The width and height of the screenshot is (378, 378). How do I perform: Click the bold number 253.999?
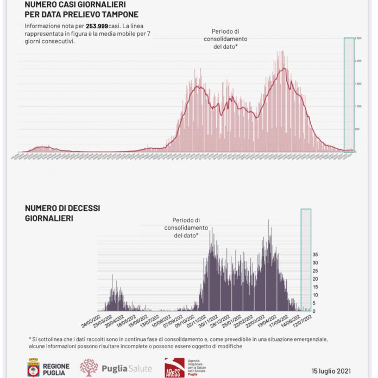pyautogui.click(x=97, y=26)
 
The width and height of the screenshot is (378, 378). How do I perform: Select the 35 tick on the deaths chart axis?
pyautogui.click(x=315, y=254)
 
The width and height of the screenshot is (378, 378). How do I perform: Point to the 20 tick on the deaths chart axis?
pyautogui.click(x=315, y=279)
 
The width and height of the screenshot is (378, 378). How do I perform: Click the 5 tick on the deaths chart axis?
pyautogui.click(x=315, y=303)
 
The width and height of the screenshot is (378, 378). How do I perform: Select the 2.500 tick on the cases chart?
pyautogui.click(x=358, y=39)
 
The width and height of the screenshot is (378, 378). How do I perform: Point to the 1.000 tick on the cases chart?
pyautogui.click(x=358, y=106)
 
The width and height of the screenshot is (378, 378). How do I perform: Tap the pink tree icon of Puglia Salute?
pyautogui.click(x=89, y=368)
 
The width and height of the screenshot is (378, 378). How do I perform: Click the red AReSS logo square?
pyautogui.click(x=173, y=368)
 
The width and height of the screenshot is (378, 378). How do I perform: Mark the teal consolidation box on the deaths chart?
pyautogui.click(x=306, y=260)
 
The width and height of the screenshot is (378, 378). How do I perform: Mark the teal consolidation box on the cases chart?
pyautogui.click(x=349, y=94)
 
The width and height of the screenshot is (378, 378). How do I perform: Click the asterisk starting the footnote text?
pyautogui.click(x=30, y=339)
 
